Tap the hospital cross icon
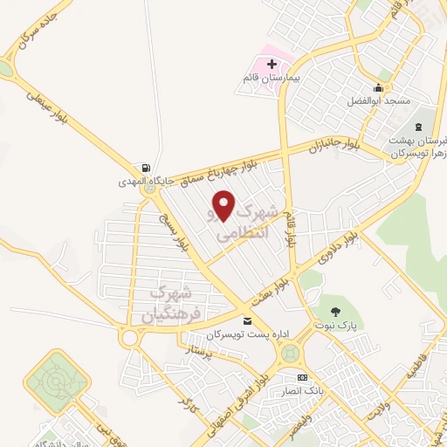point(272,64)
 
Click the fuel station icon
point(144,168)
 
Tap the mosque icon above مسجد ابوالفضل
point(377,87)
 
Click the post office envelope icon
point(248,321)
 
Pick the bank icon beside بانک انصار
point(302,377)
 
